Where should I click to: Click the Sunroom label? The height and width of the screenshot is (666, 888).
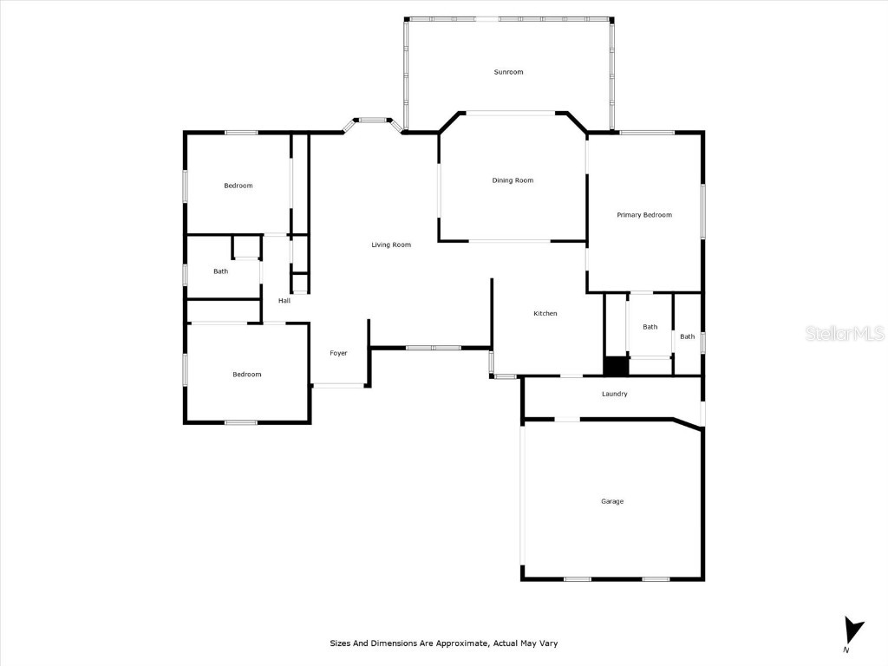point(508,72)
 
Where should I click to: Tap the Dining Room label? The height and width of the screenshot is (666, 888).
point(513,180)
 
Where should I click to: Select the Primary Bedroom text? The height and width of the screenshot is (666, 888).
point(644,215)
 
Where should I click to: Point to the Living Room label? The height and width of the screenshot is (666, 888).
point(391,245)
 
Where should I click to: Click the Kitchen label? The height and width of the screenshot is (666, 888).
point(545,313)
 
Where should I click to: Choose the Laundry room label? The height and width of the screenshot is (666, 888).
point(614,394)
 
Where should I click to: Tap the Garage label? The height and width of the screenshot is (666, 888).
point(612,501)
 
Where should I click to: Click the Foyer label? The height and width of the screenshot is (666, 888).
point(338,353)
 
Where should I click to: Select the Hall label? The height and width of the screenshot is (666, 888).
point(284,301)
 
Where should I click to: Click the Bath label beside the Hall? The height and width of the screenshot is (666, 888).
point(221,271)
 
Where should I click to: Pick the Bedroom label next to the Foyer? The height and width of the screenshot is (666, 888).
point(246,375)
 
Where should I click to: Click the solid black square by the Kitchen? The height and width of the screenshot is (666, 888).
point(616,366)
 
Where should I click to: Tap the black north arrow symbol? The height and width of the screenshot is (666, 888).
point(854,630)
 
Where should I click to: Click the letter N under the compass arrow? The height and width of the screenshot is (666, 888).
point(846,650)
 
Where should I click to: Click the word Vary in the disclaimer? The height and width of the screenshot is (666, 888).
point(548,643)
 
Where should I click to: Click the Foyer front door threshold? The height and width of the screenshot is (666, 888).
point(338,386)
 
